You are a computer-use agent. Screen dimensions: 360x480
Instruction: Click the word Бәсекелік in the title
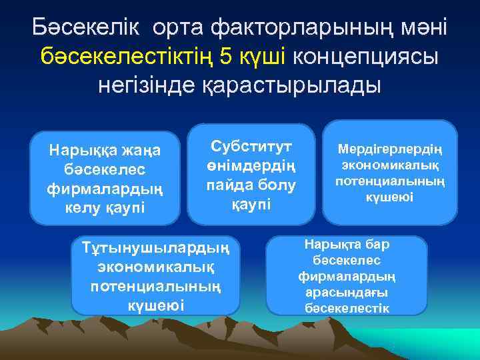coord(85,28)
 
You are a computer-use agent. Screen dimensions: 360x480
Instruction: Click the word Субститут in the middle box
coord(251,145)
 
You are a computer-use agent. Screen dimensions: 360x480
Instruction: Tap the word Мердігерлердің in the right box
coord(390,149)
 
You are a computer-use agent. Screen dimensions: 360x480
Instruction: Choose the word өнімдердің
coord(251,164)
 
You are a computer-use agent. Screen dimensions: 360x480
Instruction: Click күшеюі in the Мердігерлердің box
coord(390,197)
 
